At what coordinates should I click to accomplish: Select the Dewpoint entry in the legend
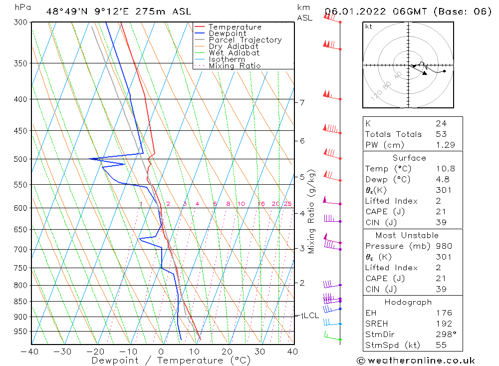(x=227, y=33)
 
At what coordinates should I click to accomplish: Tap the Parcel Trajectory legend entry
(x=245, y=40)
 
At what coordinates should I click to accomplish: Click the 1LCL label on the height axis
(x=307, y=316)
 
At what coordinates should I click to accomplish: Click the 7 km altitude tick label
(x=302, y=102)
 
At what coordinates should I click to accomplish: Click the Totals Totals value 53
(x=441, y=134)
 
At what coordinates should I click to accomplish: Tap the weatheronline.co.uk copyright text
(x=416, y=361)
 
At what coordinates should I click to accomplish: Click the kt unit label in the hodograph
(x=368, y=26)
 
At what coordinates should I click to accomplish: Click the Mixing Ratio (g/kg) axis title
(x=312, y=211)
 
